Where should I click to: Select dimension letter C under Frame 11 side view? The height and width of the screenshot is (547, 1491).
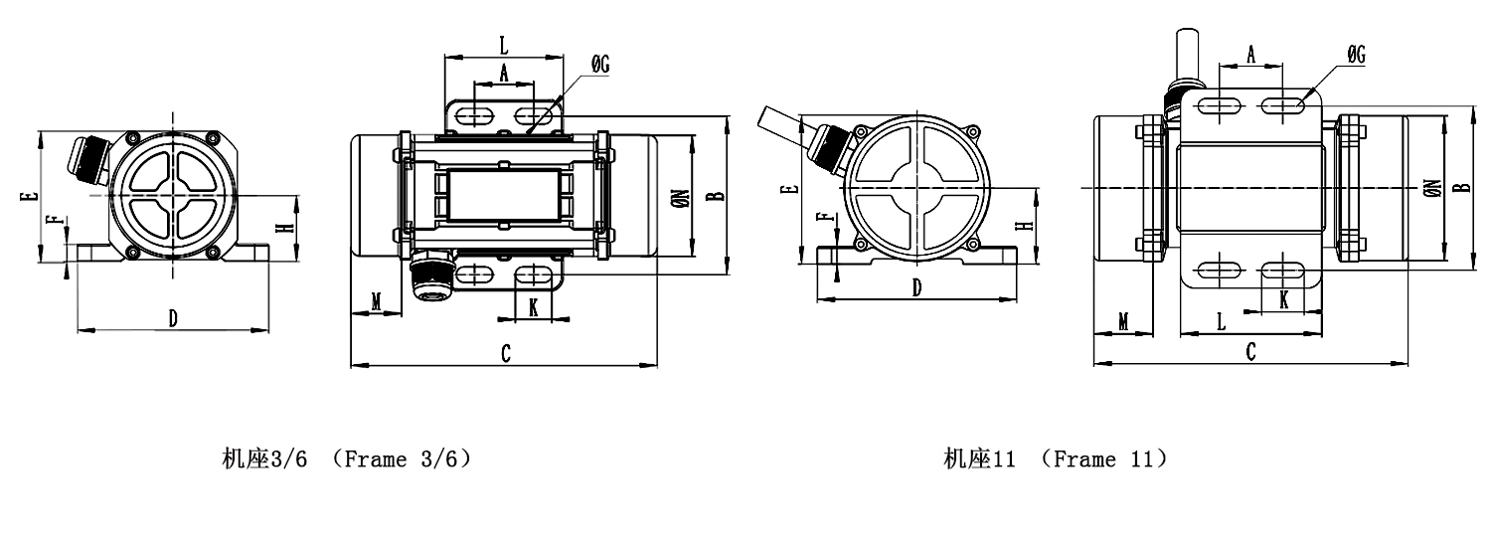(1250, 350)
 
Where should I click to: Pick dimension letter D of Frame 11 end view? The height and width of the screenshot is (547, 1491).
(916, 286)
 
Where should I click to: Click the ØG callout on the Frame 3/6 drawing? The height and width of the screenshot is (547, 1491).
(599, 64)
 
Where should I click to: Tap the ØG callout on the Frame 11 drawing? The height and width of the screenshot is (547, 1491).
(1356, 55)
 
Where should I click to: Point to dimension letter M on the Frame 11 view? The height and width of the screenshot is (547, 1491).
(1123, 320)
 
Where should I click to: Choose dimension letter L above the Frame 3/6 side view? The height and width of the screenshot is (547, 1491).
(504, 45)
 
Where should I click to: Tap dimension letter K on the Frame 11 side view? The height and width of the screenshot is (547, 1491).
(1284, 298)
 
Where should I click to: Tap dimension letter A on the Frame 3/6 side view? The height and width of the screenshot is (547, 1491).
(504, 73)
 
